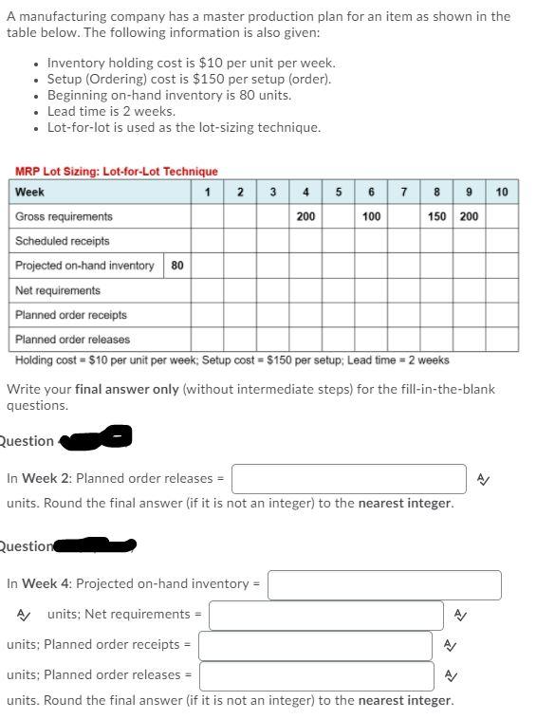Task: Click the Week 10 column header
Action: (502, 192)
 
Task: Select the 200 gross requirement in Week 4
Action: (305, 216)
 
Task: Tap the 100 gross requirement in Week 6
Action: (371, 216)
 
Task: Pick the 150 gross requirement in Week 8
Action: (436, 216)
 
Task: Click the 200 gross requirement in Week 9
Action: (469, 216)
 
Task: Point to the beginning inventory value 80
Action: (177, 266)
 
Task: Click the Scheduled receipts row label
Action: (63, 241)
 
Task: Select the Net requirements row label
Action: (58, 290)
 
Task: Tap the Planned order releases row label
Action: (73, 340)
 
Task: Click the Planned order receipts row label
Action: (71, 315)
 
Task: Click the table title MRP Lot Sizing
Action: (116, 172)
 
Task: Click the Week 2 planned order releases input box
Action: (349, 479)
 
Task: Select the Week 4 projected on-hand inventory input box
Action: (384, 585)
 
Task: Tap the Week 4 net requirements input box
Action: (326, 616)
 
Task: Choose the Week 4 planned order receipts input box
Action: (315, 646)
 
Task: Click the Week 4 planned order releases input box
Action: (316, 676)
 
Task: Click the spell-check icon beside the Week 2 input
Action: (484, 480)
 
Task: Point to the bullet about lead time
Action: (111, 111)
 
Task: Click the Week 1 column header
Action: (207, 192)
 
